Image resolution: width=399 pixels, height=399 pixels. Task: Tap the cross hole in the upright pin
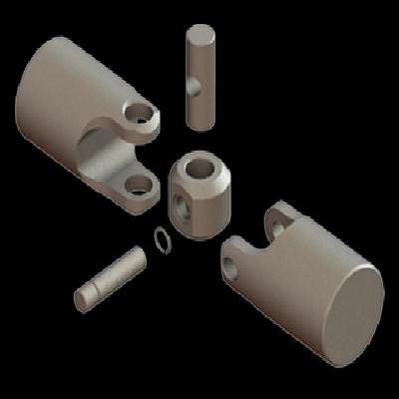click(x=193, y=88)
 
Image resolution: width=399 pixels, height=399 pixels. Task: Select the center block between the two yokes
click(x=201, y=192)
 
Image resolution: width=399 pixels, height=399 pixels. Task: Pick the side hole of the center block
click(x=182, y=205)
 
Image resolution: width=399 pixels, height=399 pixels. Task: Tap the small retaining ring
click(x=162, y=237)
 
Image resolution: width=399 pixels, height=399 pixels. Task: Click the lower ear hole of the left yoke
click(x=137, y=185)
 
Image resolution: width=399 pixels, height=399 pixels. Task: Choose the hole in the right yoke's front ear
click(x=232, y=261)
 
